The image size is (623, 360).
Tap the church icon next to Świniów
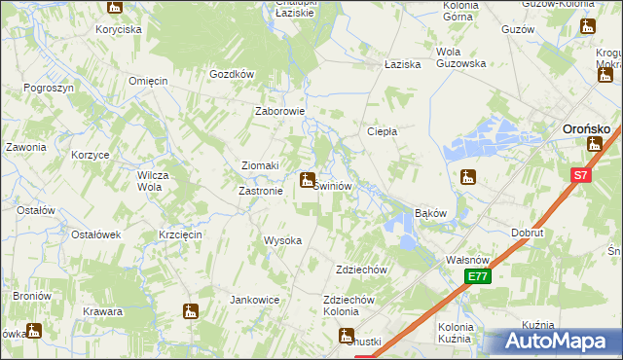tap(308, 180)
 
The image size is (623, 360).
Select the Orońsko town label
tap(588, 127)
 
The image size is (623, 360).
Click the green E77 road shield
tap(477, 277)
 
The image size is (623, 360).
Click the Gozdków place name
tap(232, 74)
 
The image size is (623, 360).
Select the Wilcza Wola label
tap(148, 181)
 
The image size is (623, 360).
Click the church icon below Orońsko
tap(595, 144)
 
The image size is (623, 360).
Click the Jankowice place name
tap(255, 300)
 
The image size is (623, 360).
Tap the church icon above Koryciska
tap(115, 8)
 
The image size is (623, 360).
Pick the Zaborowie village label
tap(280, 111)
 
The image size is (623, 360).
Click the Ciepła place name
tap(381, 131)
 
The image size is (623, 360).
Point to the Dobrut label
tap(528, 234)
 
